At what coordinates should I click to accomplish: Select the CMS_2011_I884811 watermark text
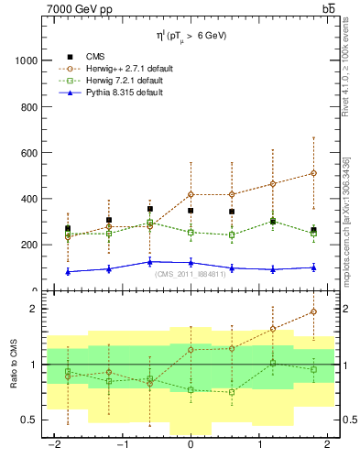190,274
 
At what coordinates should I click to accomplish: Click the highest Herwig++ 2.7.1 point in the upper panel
313,173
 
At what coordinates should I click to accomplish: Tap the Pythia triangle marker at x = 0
191,263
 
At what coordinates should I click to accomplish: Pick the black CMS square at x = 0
191,211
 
